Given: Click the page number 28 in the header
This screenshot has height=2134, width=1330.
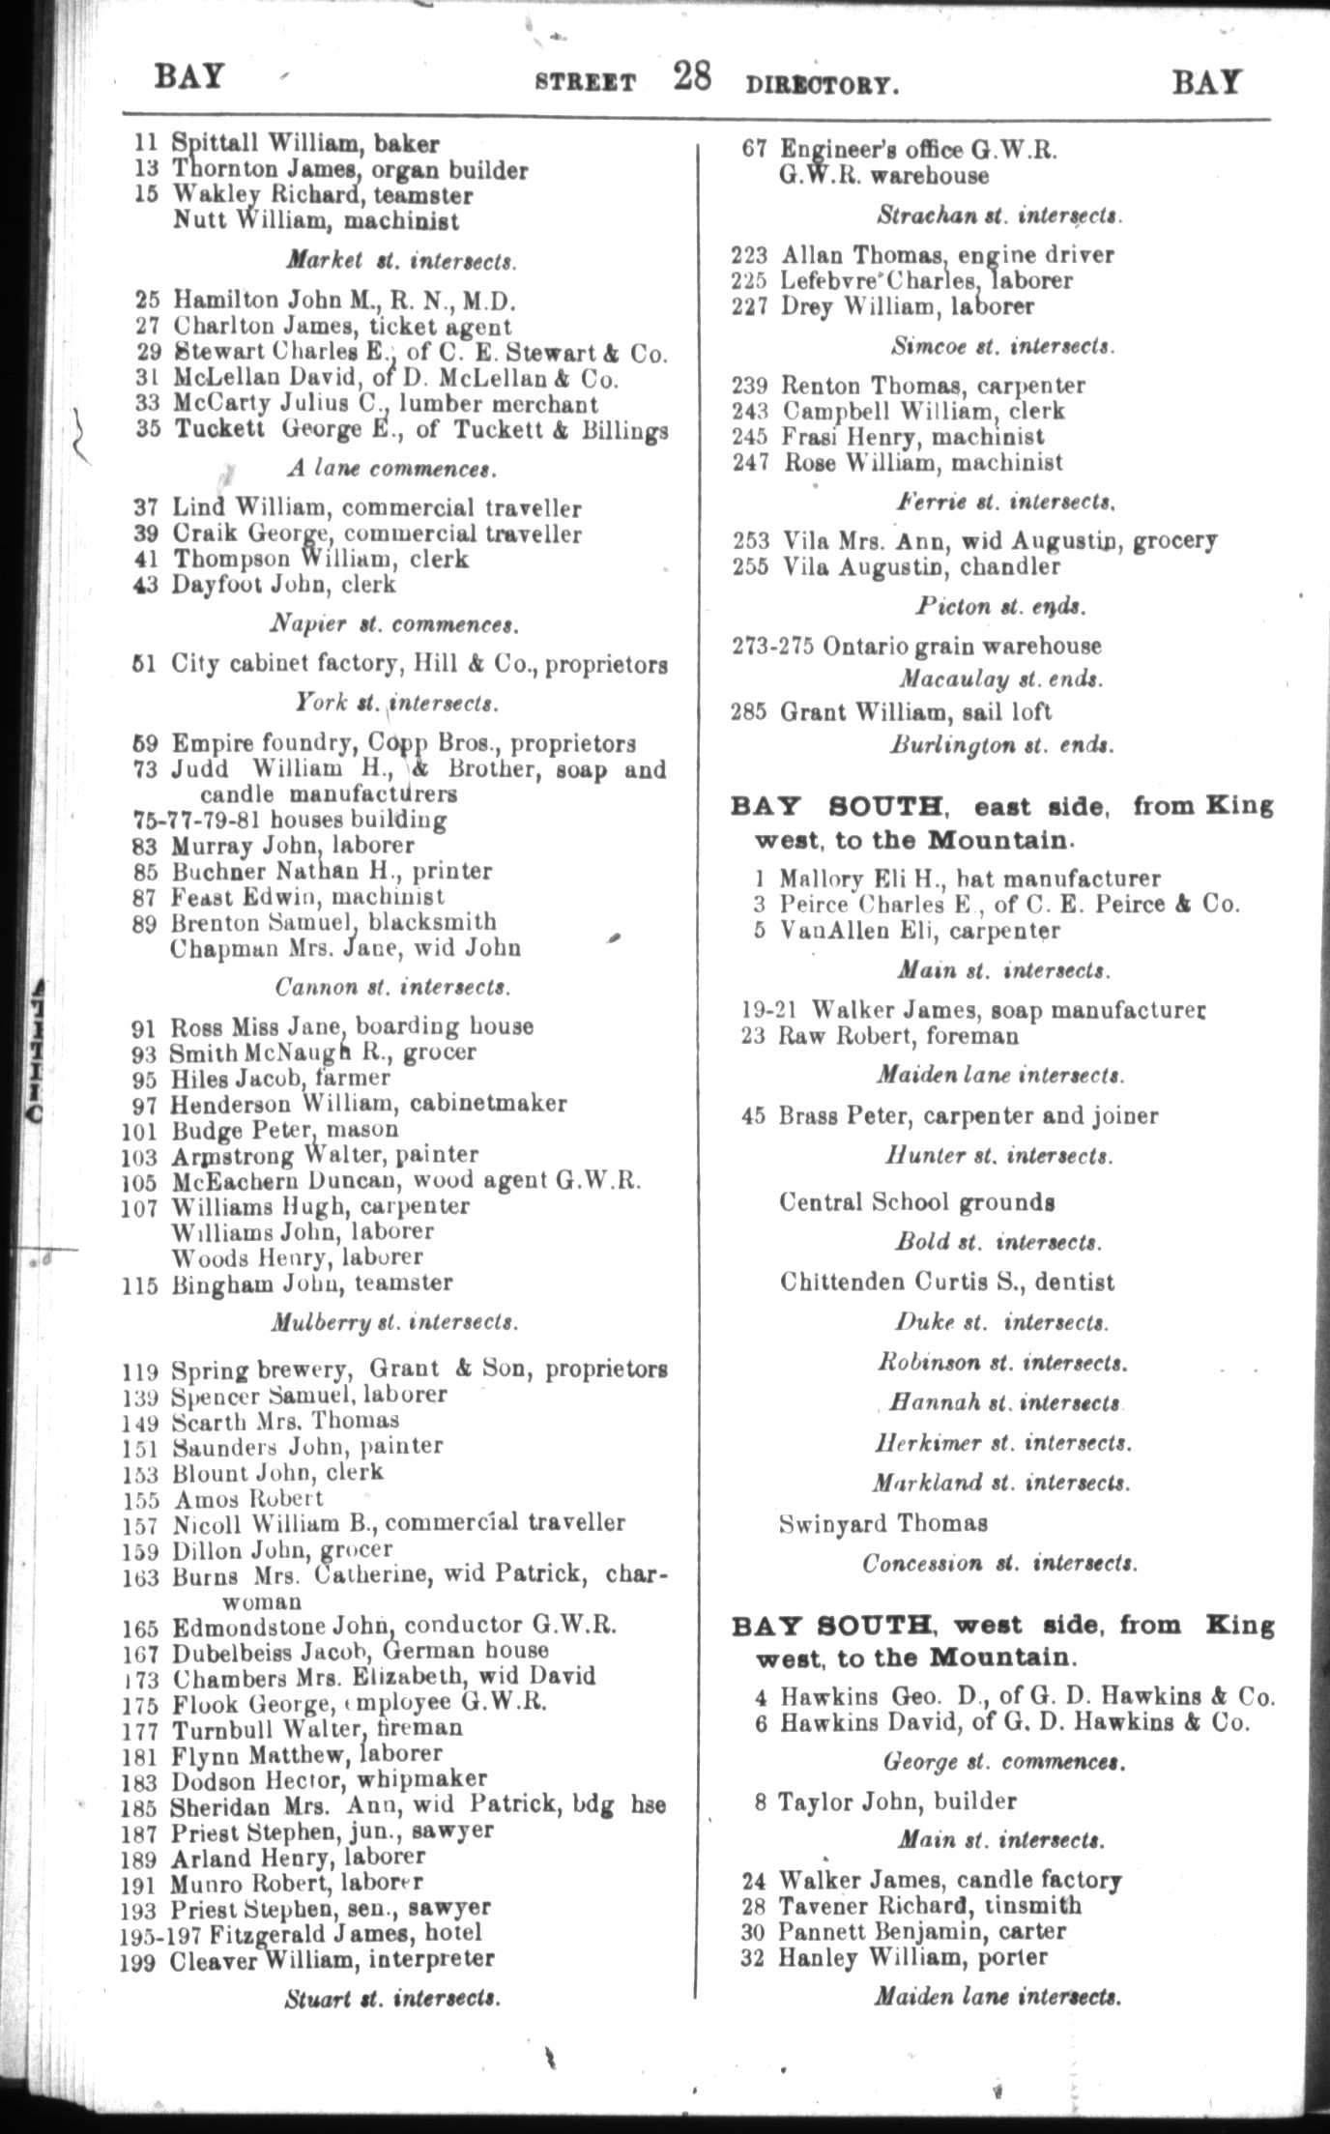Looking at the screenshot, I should tap(693, 77).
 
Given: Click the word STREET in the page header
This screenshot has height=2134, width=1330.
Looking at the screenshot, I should tap(586, 84).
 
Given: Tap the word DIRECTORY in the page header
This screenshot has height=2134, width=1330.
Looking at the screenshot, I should tap(822, 85).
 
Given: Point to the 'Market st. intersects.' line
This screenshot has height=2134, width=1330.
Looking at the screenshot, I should tap(401, 261).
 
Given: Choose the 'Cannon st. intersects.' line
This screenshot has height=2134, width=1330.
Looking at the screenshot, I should tap(392, 987).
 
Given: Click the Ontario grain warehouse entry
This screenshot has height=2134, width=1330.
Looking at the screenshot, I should tap(962, 646).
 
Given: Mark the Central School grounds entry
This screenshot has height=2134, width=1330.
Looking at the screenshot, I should tap(916, 1202).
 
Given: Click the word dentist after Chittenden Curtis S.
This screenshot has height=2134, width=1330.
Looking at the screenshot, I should tap(1078, 1283).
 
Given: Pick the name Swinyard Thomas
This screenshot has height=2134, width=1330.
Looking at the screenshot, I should tap(883, 1524).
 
